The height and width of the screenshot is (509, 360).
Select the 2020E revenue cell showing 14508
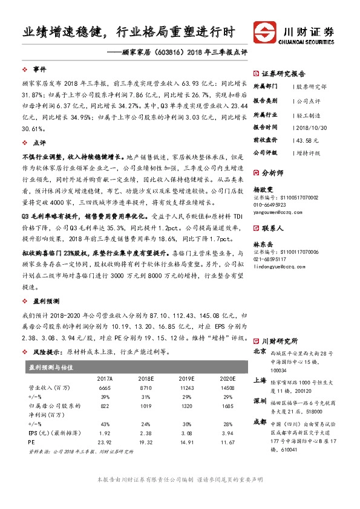pyautogui.click(x=227, y=387)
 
